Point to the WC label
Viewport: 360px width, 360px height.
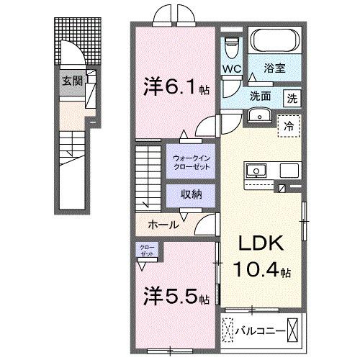pos(231,69)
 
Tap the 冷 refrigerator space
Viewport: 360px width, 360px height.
pos(289,124)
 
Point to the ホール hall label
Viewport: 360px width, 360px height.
pos(163,225)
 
